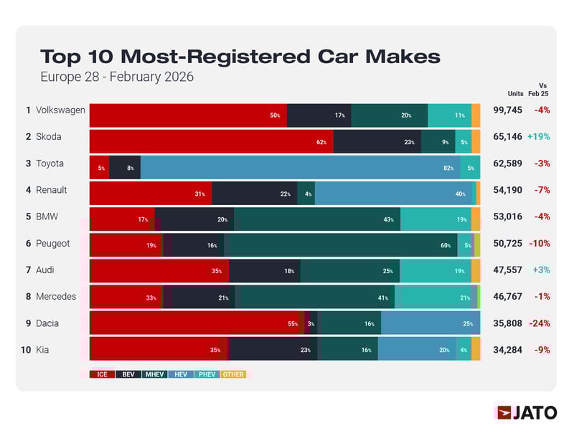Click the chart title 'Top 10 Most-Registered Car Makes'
click(240, 57)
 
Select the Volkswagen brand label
click(60, 110)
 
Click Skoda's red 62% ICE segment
click(211, 141)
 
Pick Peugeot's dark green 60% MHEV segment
click(340, 245)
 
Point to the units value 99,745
click(507, 110)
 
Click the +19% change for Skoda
click(538, 137)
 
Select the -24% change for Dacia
click(539, 323)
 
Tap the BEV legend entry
click(128, 374)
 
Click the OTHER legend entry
click(232, 374)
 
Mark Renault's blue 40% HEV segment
click(395, 194)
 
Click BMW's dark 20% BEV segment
click(194, 219)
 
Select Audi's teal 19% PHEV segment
click(435, 271)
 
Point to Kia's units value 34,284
click(507, 350)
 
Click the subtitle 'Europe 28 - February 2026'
click(117, 76)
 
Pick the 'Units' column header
click(515, 93)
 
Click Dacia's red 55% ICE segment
click(197, 323)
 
